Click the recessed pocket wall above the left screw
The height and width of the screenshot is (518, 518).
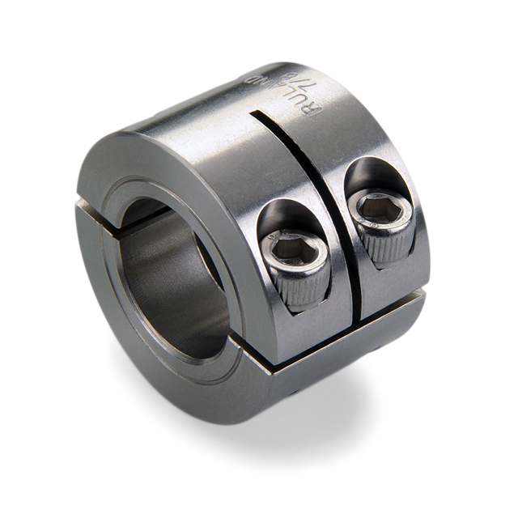283,214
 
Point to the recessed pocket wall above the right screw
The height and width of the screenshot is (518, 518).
368,174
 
